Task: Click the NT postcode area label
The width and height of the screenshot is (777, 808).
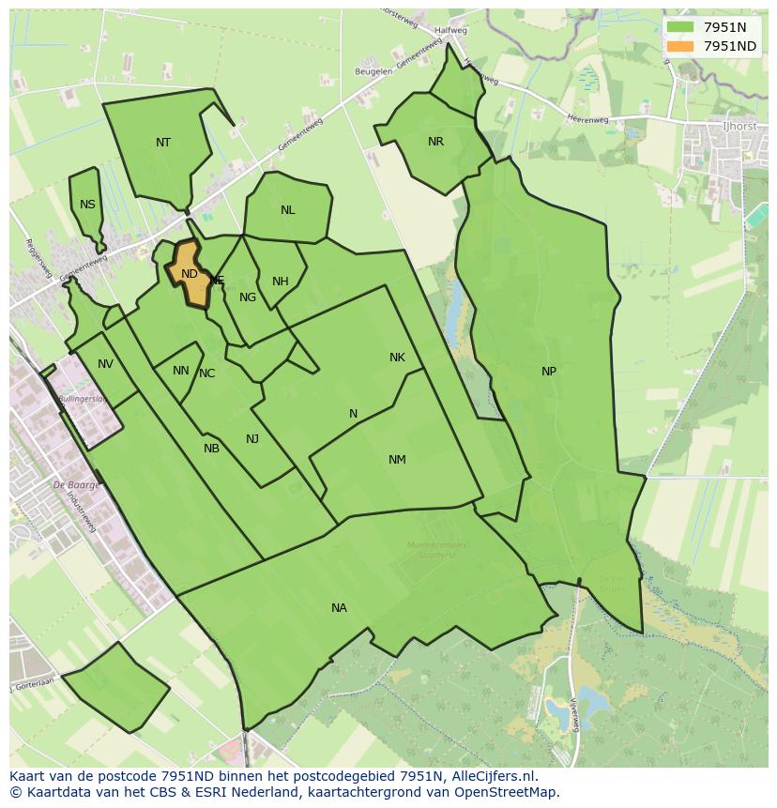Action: point(163,143)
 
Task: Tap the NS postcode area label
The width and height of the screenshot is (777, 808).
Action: point(87,205)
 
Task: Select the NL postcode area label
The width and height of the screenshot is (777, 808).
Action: point(287,210)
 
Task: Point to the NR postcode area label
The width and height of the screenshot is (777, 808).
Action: point(435,142)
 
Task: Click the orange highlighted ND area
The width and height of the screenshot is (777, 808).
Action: point(190,274)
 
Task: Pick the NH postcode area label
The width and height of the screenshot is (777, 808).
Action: point(280,282)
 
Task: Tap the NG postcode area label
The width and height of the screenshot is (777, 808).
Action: point(248,297)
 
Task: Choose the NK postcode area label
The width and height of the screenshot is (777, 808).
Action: point(397,358)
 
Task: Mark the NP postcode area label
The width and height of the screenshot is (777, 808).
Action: point(549,372)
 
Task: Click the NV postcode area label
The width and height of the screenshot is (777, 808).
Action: point(105,364)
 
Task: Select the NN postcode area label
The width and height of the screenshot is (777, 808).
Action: point(181,371)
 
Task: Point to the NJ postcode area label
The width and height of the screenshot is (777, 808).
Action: point(252,439)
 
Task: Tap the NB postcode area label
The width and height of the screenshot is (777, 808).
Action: point(211,449)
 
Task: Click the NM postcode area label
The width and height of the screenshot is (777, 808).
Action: point(397,460)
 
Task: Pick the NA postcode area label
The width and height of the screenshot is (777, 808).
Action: point(339,608)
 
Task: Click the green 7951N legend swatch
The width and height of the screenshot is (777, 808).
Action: point(680,27)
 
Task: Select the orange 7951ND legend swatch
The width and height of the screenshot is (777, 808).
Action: point(680,46)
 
